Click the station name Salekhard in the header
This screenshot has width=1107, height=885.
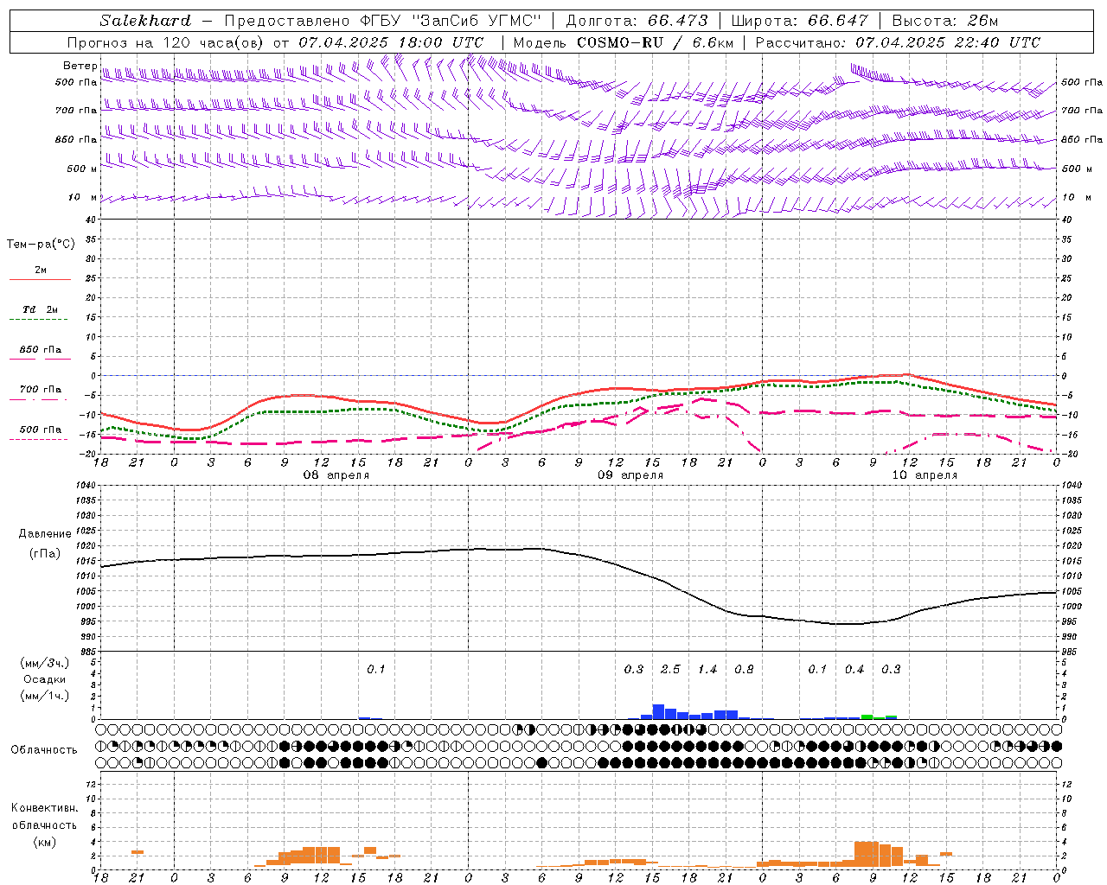pos(145,21)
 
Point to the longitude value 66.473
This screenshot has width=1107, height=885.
pos(670,21)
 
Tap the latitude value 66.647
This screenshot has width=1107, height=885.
pos(838,21)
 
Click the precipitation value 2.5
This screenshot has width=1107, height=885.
pos(670,669)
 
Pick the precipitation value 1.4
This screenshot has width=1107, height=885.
pos(707,669)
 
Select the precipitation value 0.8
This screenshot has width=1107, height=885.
pos(744,669)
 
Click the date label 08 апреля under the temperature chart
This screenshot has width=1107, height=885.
pos(336,475)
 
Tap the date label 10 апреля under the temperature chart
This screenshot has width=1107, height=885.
pos(925,475)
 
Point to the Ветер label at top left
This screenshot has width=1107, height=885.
pos(80,66)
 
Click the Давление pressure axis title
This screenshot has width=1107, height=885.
pos(45,534)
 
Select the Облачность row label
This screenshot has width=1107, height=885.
pos(44,749)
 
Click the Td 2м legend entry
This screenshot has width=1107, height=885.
pos(40,309)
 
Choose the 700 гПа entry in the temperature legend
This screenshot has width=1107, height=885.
pos(40,390)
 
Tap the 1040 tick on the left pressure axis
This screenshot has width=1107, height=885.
pos(86,486)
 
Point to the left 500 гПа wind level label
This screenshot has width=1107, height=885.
pos(76,82)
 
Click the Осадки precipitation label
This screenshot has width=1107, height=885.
pos(44,679)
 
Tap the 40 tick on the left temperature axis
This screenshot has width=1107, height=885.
pos(90,220)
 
